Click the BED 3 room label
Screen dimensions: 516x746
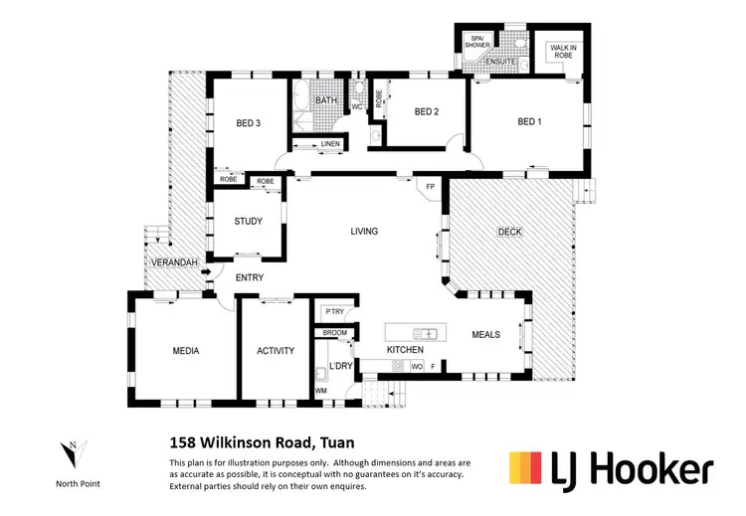248,123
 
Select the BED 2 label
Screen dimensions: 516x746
425,112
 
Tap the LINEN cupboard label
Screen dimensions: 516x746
330,145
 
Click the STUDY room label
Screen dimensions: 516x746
248,222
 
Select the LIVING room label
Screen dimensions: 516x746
364,231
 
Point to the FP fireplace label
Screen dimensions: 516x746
431,186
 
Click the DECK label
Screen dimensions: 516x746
510,232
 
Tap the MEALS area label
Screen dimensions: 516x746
485,335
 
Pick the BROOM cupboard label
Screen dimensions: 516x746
334,332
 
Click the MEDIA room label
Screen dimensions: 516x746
185,351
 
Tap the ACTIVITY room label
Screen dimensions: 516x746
276,351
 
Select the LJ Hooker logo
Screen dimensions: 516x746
611,468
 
